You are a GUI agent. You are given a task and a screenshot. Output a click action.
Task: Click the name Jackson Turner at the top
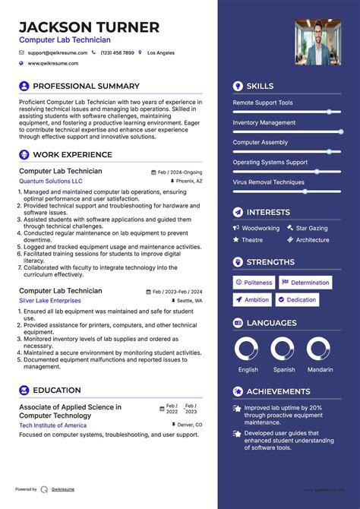pyautogui.click(x=89, y=27)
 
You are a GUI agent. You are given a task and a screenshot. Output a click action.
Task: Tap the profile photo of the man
pyautogui.click(x=317, y=42)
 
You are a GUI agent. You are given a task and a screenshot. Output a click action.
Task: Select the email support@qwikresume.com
pyautogui.click(x=58, y=53)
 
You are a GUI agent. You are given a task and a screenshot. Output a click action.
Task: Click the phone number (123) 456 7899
pyautogui.click(x=117, y=53)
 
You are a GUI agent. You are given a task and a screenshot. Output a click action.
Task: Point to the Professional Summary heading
pyautogui.click(x=86, y=87)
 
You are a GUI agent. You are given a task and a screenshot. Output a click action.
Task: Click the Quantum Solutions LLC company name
pyautogui.click(x=51, y=182)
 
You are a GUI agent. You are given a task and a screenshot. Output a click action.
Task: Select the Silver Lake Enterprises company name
pyautogui.click(x=50, y=301)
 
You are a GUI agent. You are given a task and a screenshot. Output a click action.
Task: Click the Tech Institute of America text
pyautogui.click(x=52, y=425)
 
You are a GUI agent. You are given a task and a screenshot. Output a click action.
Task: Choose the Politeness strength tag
pyautogui.click(x=254, y=283)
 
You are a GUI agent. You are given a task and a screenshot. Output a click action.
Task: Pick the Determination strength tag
pyautogui.click(x=305, y=283)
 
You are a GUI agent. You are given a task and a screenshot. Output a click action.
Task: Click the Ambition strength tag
pyautogui.click(x=252, y=300)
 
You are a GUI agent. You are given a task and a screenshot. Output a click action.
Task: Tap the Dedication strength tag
pyautogui.click(x=297, y=300)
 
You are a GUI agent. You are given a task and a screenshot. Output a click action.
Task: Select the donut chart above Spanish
pyautogui.click(x=284, y=349)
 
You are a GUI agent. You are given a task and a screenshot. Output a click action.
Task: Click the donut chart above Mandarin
pyautogui.click(x=320, y=349)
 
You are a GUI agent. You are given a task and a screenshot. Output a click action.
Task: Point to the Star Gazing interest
pyautogui.click(x=311, y=228)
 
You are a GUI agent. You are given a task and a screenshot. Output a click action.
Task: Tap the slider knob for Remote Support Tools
pyautogui.click(x=329, y=112)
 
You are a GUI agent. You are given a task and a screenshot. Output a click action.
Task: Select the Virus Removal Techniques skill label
pyautogui.click(x=268, y=182)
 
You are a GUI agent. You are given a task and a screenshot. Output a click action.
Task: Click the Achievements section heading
pyautogui.click(x=278, y=392)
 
